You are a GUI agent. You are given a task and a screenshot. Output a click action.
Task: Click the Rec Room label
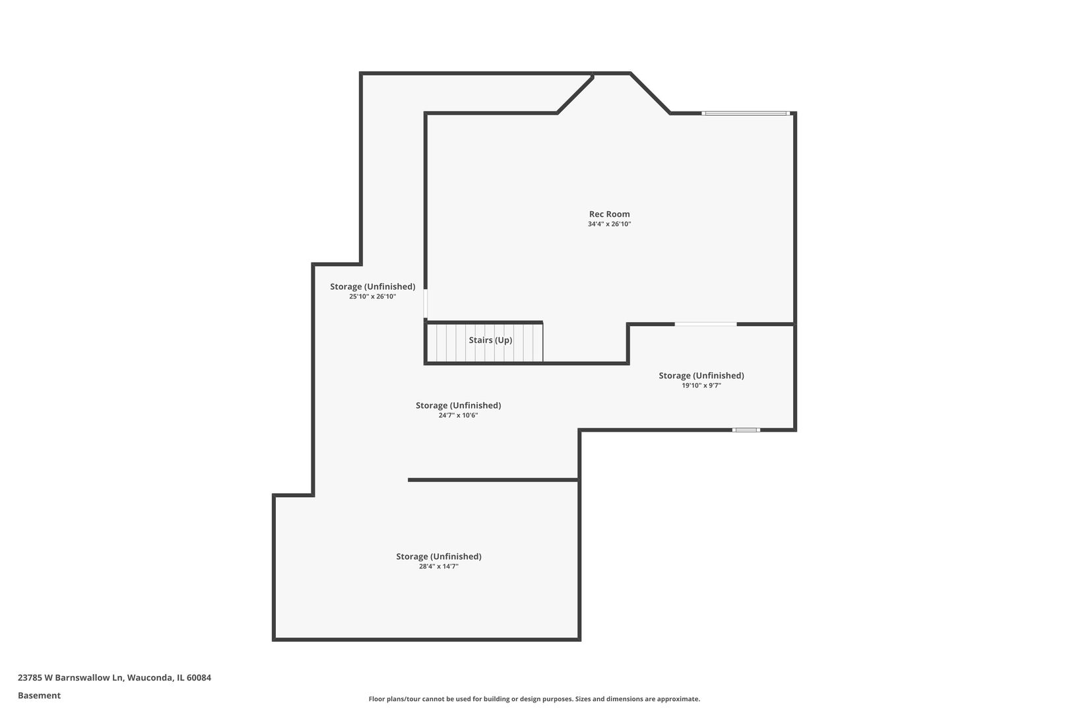pos(609,214)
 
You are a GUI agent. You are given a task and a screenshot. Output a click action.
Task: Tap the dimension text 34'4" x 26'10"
pos(609,224)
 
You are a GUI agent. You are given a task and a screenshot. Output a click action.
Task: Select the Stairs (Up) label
pos(490,340)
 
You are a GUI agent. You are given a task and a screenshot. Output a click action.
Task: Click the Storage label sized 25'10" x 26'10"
pos(372,287)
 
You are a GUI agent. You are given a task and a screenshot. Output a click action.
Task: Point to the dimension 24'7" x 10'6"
pos(458,416)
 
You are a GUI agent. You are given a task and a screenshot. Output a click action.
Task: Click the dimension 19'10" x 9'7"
pos(701,386)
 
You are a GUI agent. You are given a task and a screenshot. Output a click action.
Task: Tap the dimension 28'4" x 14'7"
pos(438,566)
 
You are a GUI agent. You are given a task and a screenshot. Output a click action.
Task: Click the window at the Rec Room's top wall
pos(746,114)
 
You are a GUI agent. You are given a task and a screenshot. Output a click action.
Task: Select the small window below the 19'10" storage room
pos(746,430)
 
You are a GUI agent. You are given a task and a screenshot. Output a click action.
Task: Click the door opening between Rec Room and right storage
pos(705,324)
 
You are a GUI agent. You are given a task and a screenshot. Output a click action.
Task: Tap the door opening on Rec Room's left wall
pos(426,304)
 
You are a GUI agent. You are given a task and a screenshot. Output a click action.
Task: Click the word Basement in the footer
pos(39,695)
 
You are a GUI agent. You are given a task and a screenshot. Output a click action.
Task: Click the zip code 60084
pos(199,677)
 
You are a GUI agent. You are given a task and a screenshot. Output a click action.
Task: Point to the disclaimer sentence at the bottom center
pos(534,698)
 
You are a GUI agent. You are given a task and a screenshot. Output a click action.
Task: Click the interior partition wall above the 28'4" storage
pos(493,480)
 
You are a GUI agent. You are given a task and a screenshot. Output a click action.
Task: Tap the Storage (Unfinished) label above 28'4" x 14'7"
pos(438,557)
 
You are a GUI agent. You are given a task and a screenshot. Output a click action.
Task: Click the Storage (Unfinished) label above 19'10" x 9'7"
pos(701,376)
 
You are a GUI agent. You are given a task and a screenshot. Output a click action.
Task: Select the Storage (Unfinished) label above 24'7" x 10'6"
pos(458,405)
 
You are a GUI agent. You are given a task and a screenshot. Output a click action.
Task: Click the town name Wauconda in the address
pos(150,677)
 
